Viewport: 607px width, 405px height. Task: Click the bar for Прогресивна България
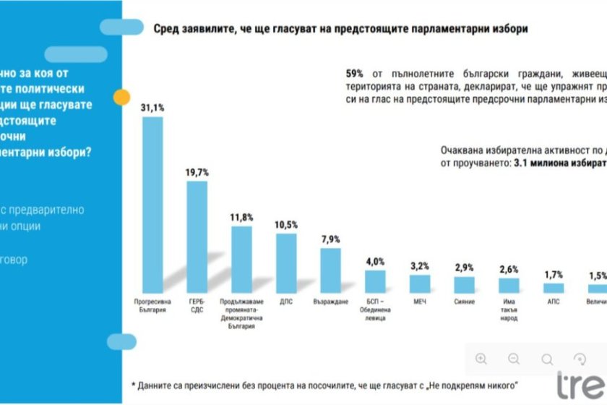coord(152,204)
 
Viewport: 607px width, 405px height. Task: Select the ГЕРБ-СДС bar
coord(197,236)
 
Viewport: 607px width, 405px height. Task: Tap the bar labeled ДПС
coord(287,263)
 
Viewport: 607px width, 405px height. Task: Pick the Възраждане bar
coord(331,270)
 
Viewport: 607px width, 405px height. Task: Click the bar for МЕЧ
coord(420,283)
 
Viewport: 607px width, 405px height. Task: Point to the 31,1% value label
coord(152,108)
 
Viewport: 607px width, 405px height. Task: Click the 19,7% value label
coord(197,172)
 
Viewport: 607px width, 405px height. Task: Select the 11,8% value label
coord(242,218)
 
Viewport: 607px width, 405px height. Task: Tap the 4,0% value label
coord(375,262)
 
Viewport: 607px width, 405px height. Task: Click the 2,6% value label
coord(509,269)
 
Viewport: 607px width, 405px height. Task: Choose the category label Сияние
coord(465,300)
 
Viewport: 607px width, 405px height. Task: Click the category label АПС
coord(553,300)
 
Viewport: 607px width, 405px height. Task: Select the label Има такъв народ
coord(509,309)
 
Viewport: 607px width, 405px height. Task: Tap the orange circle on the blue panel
coord(122,97)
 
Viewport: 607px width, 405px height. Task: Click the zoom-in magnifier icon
coord(481,359)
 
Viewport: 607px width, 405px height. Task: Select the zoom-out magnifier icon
coord(514,359)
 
